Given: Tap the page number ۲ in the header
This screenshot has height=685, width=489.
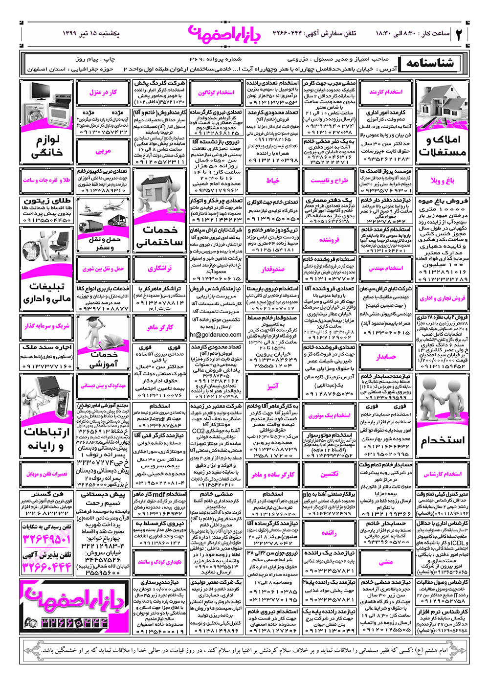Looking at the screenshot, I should pyautogui.click(x=459, y=34).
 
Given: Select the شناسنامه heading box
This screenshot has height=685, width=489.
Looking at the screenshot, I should pyautogui.click(x=430, y=63).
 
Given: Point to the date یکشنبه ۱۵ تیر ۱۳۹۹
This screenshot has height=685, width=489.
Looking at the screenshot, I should pyautogui.click(x=91, y=33).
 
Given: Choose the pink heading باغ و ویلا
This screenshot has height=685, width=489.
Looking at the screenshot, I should pyautogui.click(x=442, y=181).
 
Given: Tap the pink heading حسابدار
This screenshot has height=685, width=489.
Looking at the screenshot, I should pyautogui.click(x=386, y=357).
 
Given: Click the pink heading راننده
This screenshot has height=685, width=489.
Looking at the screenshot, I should pyautogui.click(x=329, y=533).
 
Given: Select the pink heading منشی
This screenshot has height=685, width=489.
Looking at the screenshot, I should pyautogui.click(x=386, y=562).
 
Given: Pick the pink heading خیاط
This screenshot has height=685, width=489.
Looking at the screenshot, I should pyautogui.click(x=272, y=181).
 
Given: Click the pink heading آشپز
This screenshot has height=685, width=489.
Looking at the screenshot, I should pyautogui.click(x=272, y=386).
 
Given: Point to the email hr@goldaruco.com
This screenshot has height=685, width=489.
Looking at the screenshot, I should pyautogui.click(x=216, y=335).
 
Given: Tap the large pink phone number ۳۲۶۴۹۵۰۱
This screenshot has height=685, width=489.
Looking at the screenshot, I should pyautogui.click(x=47, y=539).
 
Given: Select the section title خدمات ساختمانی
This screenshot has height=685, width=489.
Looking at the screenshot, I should pyautogui.click(x=159, y=235).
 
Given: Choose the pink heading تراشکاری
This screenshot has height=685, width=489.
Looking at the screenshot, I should pyautogui.click(x=160, y=269).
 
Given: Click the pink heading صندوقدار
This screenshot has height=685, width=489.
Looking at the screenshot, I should pyautogui.click(x=272, y=269).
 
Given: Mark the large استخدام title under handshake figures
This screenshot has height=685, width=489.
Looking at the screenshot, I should pyautogui.click(x=442, y=440).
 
